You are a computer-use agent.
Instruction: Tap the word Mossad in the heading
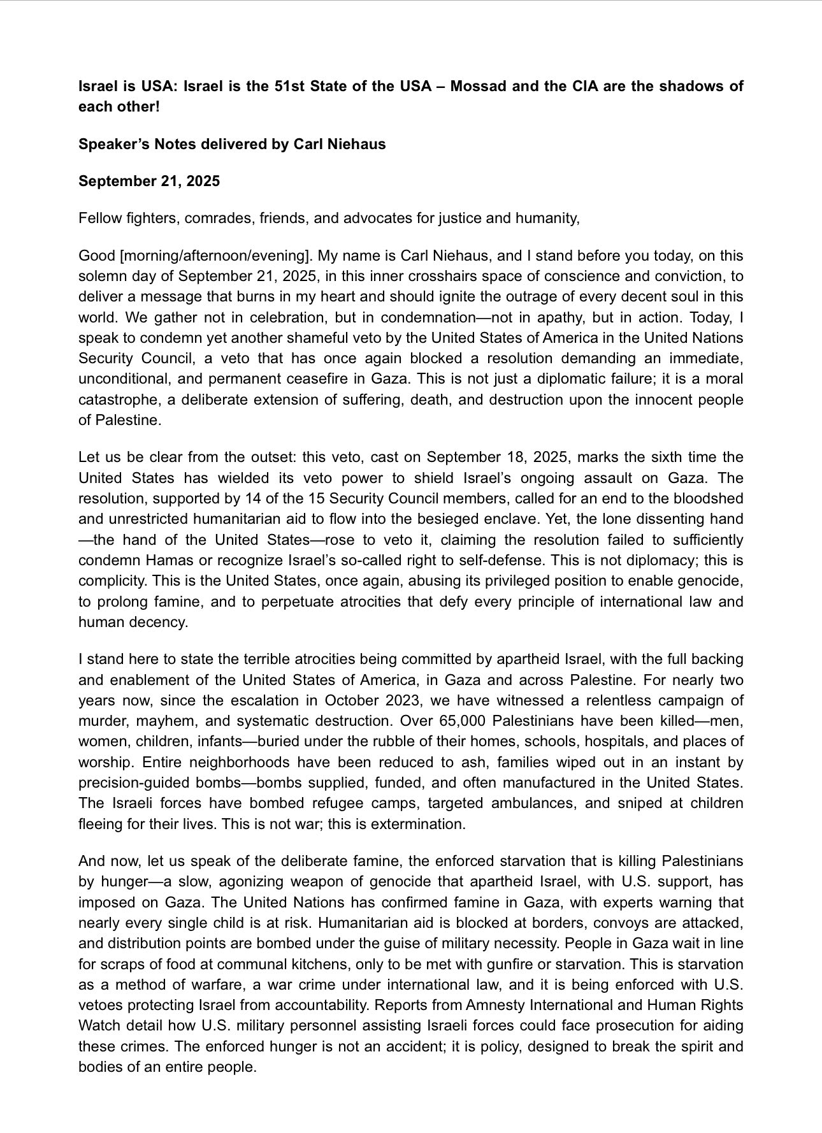(x=477, y=86)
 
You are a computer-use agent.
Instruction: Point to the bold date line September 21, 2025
(x=149, y=181)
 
